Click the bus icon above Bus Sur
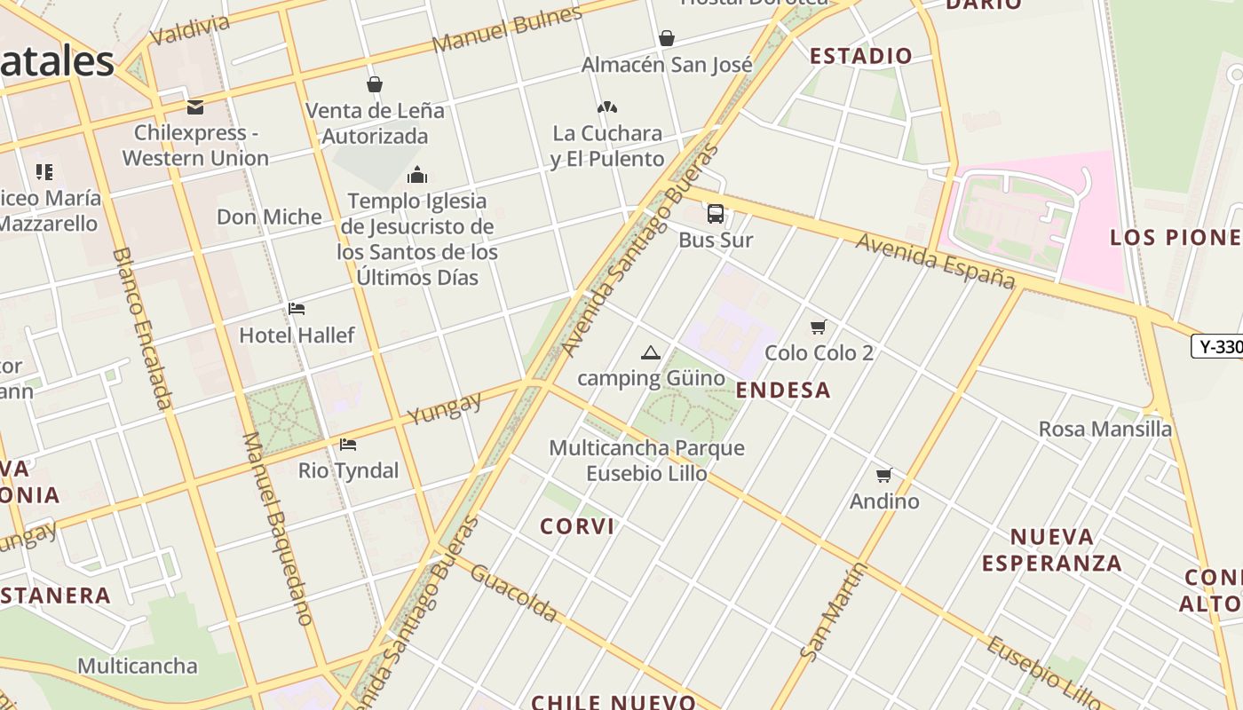point(716,214)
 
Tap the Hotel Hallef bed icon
point(297,309)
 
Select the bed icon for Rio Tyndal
point(348,444)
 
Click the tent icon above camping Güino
point(651,353)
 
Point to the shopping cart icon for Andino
point(884,476)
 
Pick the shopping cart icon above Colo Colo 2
point(819,327)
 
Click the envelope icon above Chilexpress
point(195,107)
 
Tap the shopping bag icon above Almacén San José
point(666,38)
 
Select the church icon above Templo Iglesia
point(417,174)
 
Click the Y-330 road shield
point(1218,346)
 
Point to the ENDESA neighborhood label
point(783,390)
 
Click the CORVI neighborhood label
point(577,526)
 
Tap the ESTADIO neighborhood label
point(860,56)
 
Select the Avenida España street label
point(935,261)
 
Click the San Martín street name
point(834,611)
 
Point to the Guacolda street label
point(514,593)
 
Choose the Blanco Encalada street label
point(142,328)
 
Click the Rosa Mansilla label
point(1105,430)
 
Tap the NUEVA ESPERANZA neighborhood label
point(1051,549)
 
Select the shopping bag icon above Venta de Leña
point(375,84)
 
